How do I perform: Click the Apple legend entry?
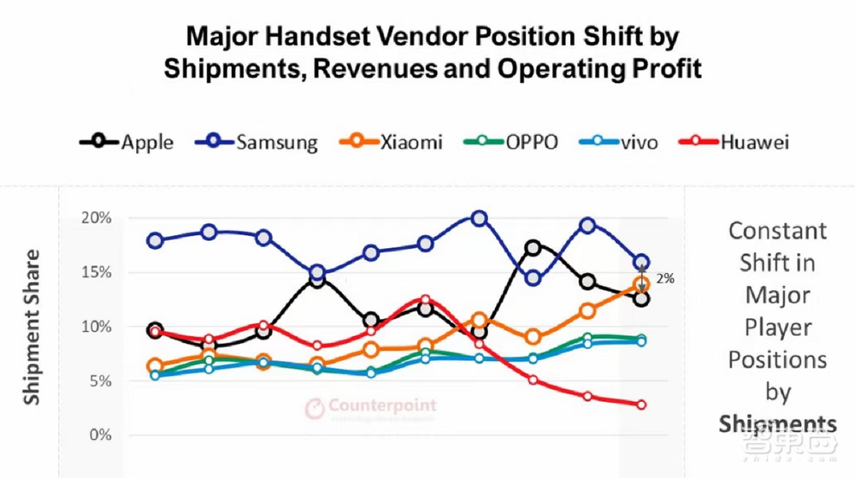(127, 142)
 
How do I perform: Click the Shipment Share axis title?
(32, 327)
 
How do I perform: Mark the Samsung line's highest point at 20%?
(480, 219)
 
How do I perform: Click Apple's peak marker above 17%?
(533, 248)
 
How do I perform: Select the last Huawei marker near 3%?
(641, 404)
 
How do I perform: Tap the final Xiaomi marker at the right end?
(641, 285)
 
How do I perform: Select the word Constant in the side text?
(777, 231)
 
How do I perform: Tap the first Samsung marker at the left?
(155, 240)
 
